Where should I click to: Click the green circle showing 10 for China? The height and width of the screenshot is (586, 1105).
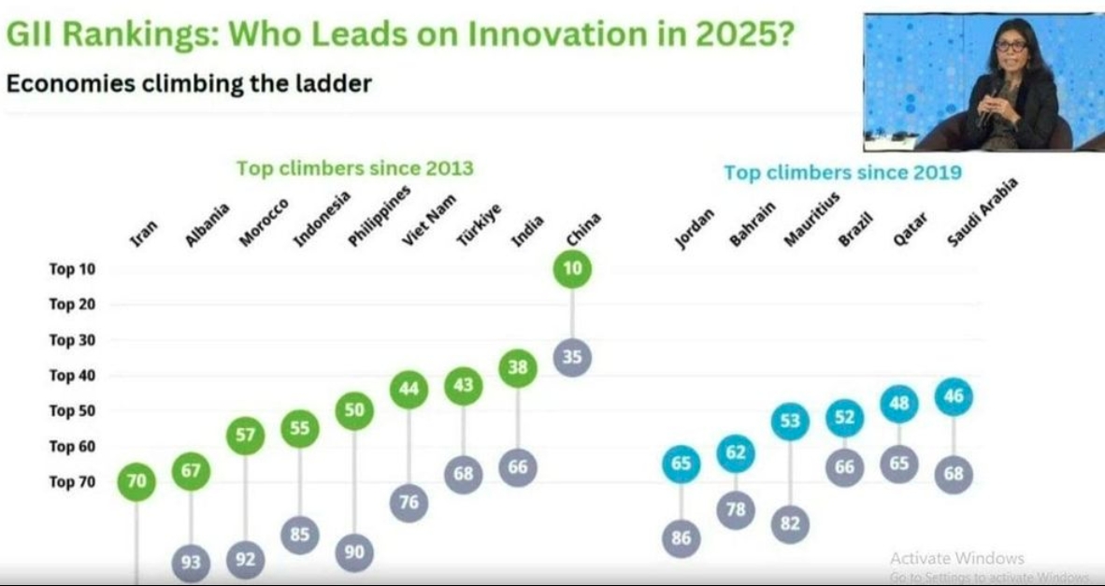point(572,269)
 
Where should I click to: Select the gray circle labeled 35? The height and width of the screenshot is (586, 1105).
point(572,357)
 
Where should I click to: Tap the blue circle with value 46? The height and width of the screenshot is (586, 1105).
point(954,397)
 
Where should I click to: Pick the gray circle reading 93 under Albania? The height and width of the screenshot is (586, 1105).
point(191,564)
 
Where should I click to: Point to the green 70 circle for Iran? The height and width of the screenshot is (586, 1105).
point(136,482)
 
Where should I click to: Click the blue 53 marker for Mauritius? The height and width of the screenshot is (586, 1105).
point(790,422)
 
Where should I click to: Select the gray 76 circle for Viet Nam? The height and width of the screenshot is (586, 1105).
point(409,503)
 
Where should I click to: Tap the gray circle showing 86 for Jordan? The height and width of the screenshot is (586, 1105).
point(681,538)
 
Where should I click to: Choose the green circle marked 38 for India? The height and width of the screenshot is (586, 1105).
point(518,368)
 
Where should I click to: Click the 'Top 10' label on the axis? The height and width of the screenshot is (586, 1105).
point(73,269)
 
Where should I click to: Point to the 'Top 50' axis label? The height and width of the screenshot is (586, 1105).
point(73,411)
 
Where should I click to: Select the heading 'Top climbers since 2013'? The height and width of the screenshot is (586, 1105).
point(354,168)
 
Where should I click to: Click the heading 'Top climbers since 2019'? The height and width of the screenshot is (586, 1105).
point(842,173)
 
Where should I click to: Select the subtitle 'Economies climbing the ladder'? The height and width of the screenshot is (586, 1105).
point(189,83)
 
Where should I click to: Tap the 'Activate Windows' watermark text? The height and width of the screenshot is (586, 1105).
point(956,558)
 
